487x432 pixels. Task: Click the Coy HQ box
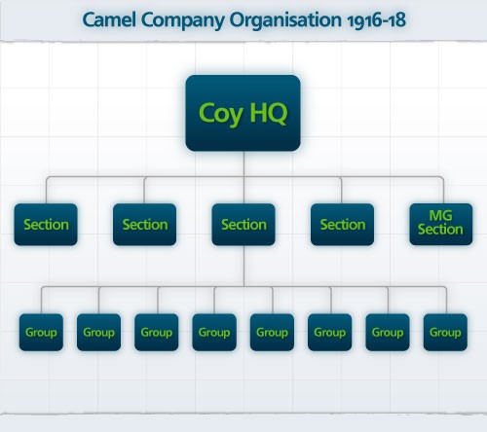(243, 113)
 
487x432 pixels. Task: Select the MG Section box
(441, 225)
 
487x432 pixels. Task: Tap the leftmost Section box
(46, 225)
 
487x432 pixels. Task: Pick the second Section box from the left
(145, 225)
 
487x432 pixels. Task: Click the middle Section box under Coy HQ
(243, 225)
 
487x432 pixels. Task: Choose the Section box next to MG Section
(342, 225)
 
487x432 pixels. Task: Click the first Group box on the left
(41, 332)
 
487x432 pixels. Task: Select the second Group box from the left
(98, 332)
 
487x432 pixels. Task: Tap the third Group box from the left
(157, 332)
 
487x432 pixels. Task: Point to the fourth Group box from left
(214, 332)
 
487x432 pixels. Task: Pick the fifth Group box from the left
(272, 332)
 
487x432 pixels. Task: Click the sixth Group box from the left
(330, 332)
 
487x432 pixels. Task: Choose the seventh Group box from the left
(388, 332)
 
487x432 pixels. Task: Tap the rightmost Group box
(445, 332)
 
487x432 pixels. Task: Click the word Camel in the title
(109, 19)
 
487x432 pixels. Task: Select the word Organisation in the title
(285, 19)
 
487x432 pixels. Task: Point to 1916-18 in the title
(377, 20)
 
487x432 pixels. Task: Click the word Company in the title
(183, 21)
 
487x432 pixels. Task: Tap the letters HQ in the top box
(269, 113)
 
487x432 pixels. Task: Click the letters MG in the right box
(440, 215)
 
